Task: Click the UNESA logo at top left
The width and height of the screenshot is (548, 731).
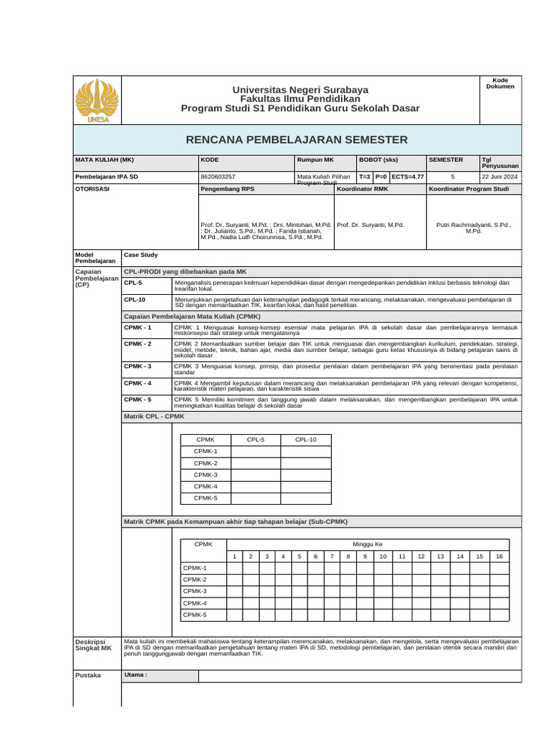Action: click(x=98, y=101)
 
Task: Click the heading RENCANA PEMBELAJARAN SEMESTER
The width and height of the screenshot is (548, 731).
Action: click(x=297, y=140)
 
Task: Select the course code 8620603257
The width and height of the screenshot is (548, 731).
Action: click(x=219, y=176)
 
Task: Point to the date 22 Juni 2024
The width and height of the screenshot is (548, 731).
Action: click(x=500, y=176)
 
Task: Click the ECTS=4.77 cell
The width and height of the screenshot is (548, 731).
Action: click(x=407, y=176)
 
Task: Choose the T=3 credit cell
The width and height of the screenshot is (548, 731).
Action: click(x=365, y=176)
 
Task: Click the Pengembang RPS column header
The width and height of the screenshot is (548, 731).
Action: click(x=228, y=189)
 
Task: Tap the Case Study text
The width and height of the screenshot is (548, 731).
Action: click(x=141, y=255)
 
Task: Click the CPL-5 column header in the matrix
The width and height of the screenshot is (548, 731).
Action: click(x=255, y=440)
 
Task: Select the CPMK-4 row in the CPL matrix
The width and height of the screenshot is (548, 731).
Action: click(x=205, y=487)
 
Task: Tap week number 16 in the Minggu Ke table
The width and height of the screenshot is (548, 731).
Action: click(x=499, y=556)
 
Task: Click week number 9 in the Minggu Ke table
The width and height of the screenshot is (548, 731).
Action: click(x=365, y=556)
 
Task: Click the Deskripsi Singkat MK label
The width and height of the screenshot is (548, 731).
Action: click(x=94, y=645)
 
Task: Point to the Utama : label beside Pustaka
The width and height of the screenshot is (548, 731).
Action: click(x=136, y=675)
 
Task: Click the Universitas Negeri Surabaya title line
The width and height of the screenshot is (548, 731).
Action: click(x=300, y=89)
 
